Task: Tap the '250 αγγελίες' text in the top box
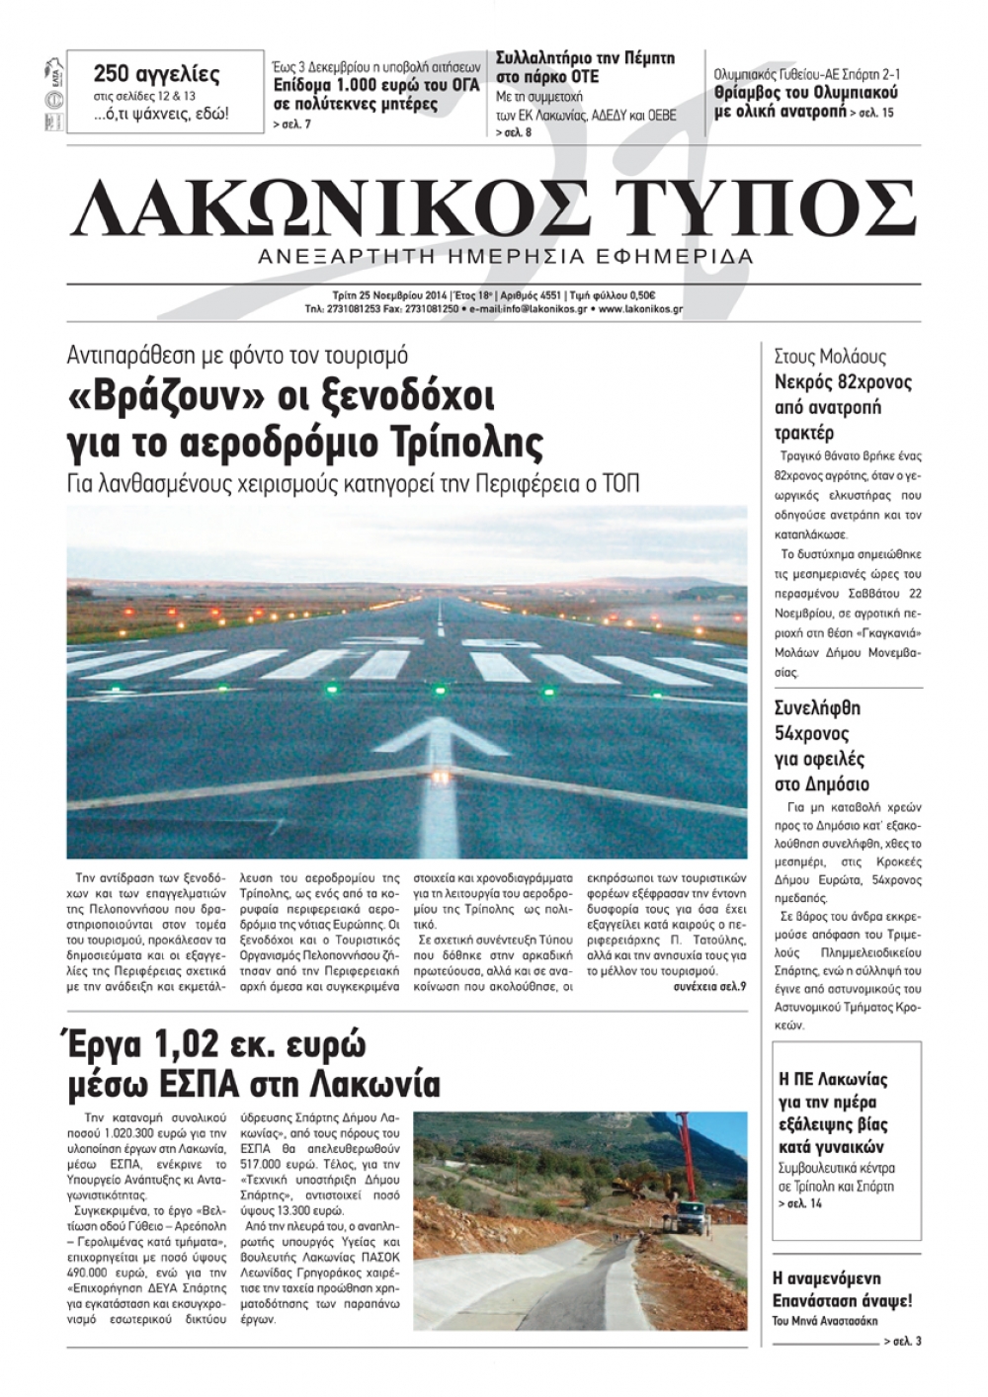point(156,74)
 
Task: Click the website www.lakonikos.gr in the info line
point(640,309)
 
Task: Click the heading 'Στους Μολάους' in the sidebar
point(830,357)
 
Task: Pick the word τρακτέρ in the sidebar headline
point(804,433)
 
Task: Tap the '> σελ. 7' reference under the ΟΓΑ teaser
point(291,124)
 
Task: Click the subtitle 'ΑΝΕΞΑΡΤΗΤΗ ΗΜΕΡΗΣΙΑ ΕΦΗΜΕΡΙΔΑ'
point(505,257)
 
